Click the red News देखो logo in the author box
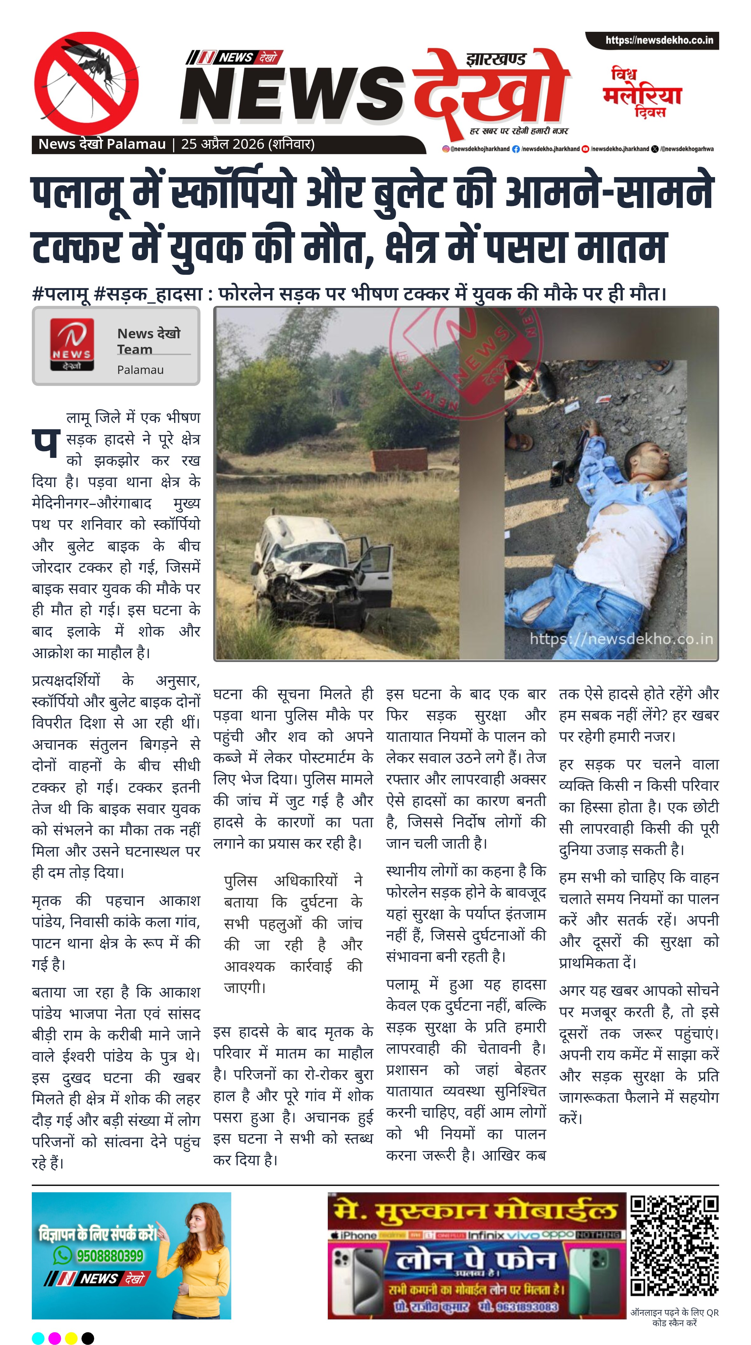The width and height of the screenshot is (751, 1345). click(x=72, y=345)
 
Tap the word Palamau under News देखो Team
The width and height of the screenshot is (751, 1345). click(x=140, y=370)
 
